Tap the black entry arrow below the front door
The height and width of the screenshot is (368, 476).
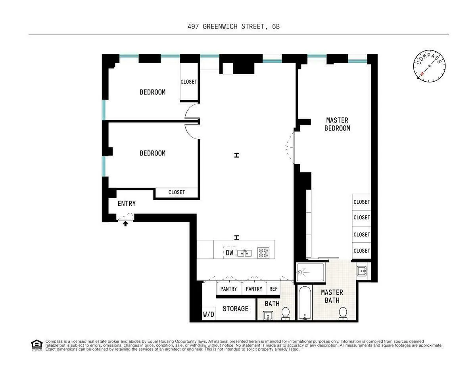click(x=126, y=224)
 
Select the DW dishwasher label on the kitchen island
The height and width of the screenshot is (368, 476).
click(x=229, y=253)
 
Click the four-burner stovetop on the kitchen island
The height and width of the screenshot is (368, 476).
click(x=263, y=253)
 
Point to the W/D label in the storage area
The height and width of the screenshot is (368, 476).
click(x=209, y=314)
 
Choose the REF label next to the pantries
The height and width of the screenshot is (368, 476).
click(x=274, y=289)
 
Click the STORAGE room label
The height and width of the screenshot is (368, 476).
click(x=235, y=309)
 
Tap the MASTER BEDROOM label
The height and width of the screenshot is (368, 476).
click(x=337, y=124)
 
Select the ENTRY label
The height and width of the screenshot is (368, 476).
click(x=127, y=203)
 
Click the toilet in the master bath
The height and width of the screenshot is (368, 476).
click(x=343, y=313)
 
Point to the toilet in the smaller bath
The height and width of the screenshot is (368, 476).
click(x=285, y=313)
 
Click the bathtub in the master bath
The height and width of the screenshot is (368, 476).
click(x=305, y=303)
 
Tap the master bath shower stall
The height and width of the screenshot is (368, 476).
click(x=311, y=272)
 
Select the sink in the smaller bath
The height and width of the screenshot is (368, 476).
click(x=268, y=316)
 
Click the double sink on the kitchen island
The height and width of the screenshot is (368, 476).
click(x=244, y=253)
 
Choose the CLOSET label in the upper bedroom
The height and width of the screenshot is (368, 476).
click(x=189, y=82)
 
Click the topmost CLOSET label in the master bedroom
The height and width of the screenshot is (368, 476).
click(x=361, y=202)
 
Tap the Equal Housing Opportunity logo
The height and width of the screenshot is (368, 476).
click(x=36, y=345)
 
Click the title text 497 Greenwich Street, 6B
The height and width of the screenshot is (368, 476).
click(x=236, y=27)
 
